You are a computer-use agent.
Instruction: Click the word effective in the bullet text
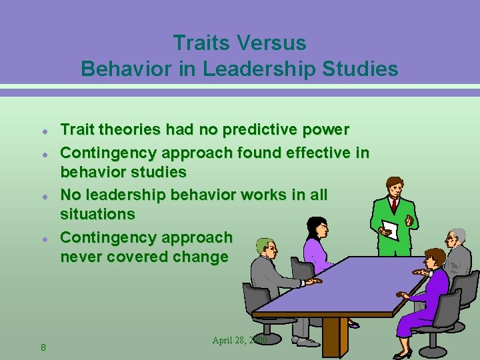tap(310, 153)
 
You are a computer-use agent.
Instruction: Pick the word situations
tap(97, 214)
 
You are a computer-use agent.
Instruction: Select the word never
tap(79, 257)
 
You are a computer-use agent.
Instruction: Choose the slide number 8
tap(43, 347)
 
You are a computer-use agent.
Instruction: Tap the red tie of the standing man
tap(394, 205)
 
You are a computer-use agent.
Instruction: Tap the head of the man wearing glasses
tap(456, 237)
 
